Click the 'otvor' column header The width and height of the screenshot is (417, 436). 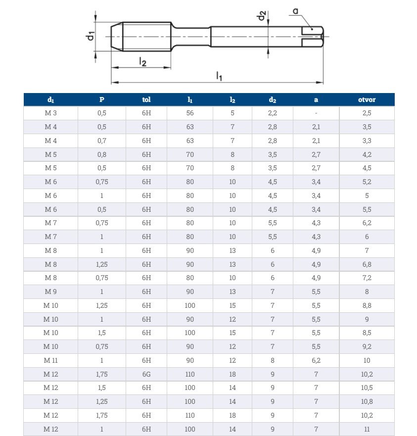tap(367, 99)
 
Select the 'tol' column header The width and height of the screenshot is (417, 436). tap(146, 99)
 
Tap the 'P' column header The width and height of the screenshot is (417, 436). tap(101, 99)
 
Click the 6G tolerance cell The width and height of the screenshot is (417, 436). tap(146, 374)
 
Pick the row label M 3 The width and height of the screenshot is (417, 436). tap(51, 113)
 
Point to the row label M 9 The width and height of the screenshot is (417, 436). tap(51, 291)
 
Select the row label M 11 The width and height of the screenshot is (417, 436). tap(51, 360)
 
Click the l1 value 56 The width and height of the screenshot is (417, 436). tap(190, 113)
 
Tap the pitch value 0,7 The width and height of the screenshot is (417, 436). tap(101, 141)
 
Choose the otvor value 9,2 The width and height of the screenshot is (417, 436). tap(367, 346)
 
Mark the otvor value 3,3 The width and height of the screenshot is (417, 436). tap(367, 141)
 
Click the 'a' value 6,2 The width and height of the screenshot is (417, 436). tap(316, 360)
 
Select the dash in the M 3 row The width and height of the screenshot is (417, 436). tap(316, 113)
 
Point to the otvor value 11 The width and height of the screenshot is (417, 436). tap(367, 429)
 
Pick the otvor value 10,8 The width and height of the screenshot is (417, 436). tap(367, 401)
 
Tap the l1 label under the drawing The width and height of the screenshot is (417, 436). tap(219, 76)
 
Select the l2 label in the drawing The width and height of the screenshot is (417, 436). tap(142, 61)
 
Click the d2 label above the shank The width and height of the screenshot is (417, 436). tap(262, 16)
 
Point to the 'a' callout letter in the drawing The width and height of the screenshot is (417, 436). tap(295, 10)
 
